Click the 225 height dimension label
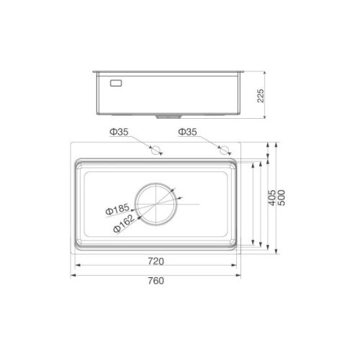[261, 96]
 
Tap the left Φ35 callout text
[119, 132]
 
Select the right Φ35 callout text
[187, 132]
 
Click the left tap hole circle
[156, 150]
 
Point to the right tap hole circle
[224, 150]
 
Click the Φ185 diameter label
[117, 209]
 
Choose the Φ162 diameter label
[124, 224]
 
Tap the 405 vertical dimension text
[271, 198]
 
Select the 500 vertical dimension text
[282, 198]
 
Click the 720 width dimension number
[156, 261]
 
